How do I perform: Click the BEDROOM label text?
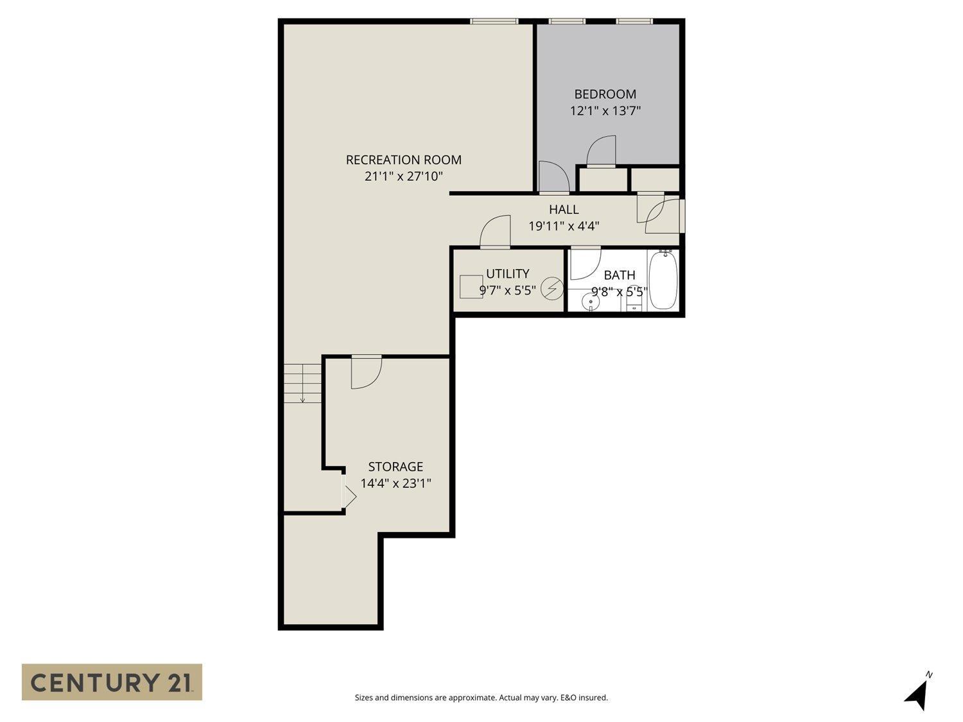(x=605, y=94)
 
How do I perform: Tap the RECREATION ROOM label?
(x=403, y=160)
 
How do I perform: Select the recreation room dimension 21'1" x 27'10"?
(x=403, y=176)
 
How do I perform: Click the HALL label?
(x=564, y=209)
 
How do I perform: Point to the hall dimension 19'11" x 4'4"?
(x=564, y=226)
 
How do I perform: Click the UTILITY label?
(x=507, y=273)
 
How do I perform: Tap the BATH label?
(x=620, y=275)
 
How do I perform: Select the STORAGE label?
(x=395, y=467)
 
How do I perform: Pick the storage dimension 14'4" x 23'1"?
(x=395, y=483)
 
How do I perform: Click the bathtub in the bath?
(x=663, y=281)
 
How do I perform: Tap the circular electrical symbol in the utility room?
(x=551, y=289)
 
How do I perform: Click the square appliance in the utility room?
(x=471, y=286)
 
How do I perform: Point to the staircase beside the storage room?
(x=303, y=382)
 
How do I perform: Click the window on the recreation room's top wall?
(x=494, y=21)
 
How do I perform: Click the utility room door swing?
(x=495, y=232)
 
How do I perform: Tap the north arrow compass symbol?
(x=919, y=694)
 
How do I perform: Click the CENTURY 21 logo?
(x=112, y=682)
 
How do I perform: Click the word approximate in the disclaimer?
(x=472, y=698)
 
